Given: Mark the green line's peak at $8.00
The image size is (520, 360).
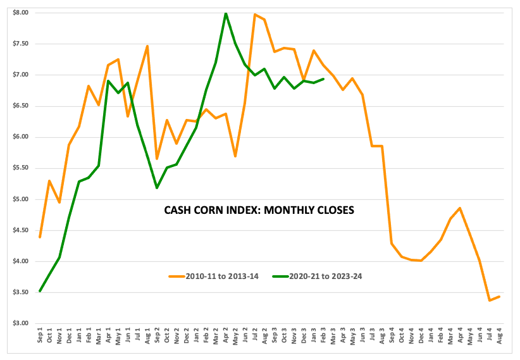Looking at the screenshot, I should (x=226, y=13).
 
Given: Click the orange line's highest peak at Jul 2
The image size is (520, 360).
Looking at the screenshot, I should (x=255, y=15).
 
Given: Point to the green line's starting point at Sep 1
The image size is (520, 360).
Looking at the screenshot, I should (x=40, y=291).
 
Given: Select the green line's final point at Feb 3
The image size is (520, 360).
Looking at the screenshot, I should (x=323, y=79).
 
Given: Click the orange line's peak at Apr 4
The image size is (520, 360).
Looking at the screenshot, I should (x=460, y=208).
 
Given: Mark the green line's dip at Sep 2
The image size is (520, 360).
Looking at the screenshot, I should (x=157, y=187).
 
